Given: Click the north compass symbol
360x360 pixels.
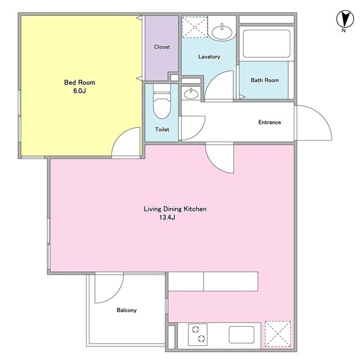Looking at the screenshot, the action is [345, 20].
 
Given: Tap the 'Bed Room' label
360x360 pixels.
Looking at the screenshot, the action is [79, 83].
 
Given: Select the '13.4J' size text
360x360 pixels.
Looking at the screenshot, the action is [167, 218].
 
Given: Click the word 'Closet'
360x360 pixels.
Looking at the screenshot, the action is [162, 47].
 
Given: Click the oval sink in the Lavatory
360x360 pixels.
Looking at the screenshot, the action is [222, 32].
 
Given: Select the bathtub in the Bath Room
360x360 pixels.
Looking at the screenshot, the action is [266, 44].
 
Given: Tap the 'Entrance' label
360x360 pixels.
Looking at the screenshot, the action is [269, 122].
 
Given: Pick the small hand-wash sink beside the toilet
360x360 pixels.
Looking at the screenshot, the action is [191, 94].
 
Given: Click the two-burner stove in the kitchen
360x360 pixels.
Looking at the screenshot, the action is [197, 335].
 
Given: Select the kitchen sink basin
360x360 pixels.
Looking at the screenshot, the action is [241, 335].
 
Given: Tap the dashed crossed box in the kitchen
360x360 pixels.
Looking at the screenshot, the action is [278, 334].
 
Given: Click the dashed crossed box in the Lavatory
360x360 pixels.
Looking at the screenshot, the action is [195, 27].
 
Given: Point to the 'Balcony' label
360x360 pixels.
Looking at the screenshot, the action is [127, 310].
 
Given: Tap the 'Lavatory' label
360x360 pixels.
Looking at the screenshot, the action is [209, 57].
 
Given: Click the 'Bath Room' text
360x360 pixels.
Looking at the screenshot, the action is [265, 80].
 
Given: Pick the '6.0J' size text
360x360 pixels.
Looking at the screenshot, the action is [79, 91].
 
